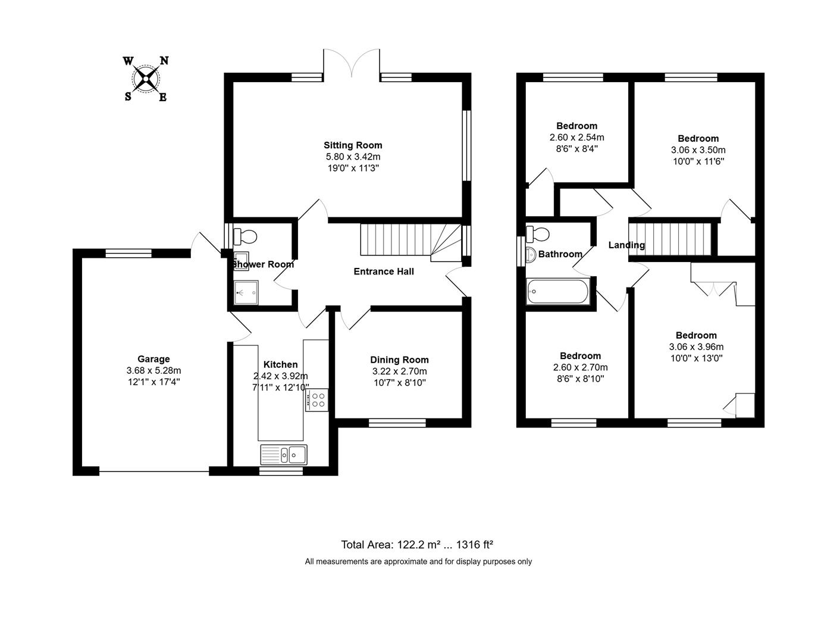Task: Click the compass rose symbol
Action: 146,79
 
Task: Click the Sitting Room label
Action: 353,145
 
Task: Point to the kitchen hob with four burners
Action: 316,399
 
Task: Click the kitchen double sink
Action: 284,455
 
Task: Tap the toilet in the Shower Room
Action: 244,236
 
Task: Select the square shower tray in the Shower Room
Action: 246,292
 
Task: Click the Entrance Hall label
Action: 384,271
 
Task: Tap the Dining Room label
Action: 399,360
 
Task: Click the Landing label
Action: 626,245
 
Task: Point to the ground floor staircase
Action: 410,241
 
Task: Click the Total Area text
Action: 417,544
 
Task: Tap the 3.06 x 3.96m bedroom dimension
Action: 696,347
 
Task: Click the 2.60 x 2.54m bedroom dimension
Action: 576,138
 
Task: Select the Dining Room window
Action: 397,423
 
